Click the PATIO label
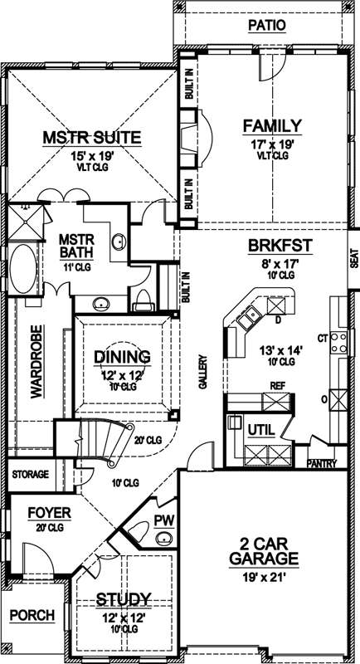pyautogui.click(x=266, y=25)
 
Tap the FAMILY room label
pyautogui.click(x=270, y=125)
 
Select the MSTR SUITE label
pyautogui.click(x=91, y=137)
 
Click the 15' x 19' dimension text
pyautogui.click(x=91, y=154)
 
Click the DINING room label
pyautogui.click(x=121, y=357)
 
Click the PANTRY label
pyautogui.click(x=321, y=462)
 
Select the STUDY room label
pyautogui.click(x=123, y=598)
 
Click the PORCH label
pyautogui.click(x=32, y=615)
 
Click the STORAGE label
pyautogui.click(x=29, y=474)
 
